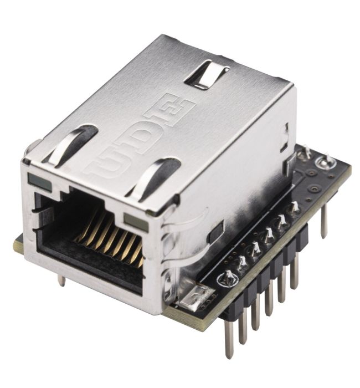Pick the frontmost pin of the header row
[x=229, y=338]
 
